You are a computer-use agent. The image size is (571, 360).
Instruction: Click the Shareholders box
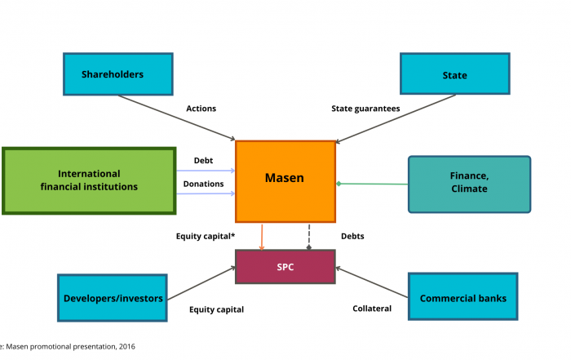click(118, 74)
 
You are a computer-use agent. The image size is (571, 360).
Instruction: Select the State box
click(455, 73)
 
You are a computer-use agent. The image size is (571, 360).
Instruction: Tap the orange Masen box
click(285, 181)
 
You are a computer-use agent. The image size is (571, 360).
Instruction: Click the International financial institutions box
click(89, 180)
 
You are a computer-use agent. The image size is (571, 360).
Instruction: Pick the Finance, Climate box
click(469, 184)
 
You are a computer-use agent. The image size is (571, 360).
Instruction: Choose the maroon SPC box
click(285, 267)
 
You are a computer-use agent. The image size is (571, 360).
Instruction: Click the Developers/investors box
click(113, 298)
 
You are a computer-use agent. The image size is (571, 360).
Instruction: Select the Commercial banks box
click(463, 296)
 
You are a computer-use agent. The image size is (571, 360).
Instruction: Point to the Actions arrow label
click(201, 109)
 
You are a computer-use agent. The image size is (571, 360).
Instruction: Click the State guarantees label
click(365, 109)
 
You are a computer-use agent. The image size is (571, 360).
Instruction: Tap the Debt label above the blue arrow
click(203, 160)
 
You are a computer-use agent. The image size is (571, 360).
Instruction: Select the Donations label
click(203, 184)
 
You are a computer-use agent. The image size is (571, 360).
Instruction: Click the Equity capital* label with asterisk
click(206, 236)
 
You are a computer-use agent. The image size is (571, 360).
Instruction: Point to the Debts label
click(352, 236)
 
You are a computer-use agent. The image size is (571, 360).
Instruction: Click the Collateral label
click(372, 309)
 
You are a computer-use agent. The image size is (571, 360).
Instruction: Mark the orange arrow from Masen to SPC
click(262, 237)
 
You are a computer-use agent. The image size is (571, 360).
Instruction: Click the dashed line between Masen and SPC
click(309, 237)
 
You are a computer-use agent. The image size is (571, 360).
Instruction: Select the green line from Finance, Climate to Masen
click(372, 184)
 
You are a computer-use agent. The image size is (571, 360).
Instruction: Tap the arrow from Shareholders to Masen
click(177, 118)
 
